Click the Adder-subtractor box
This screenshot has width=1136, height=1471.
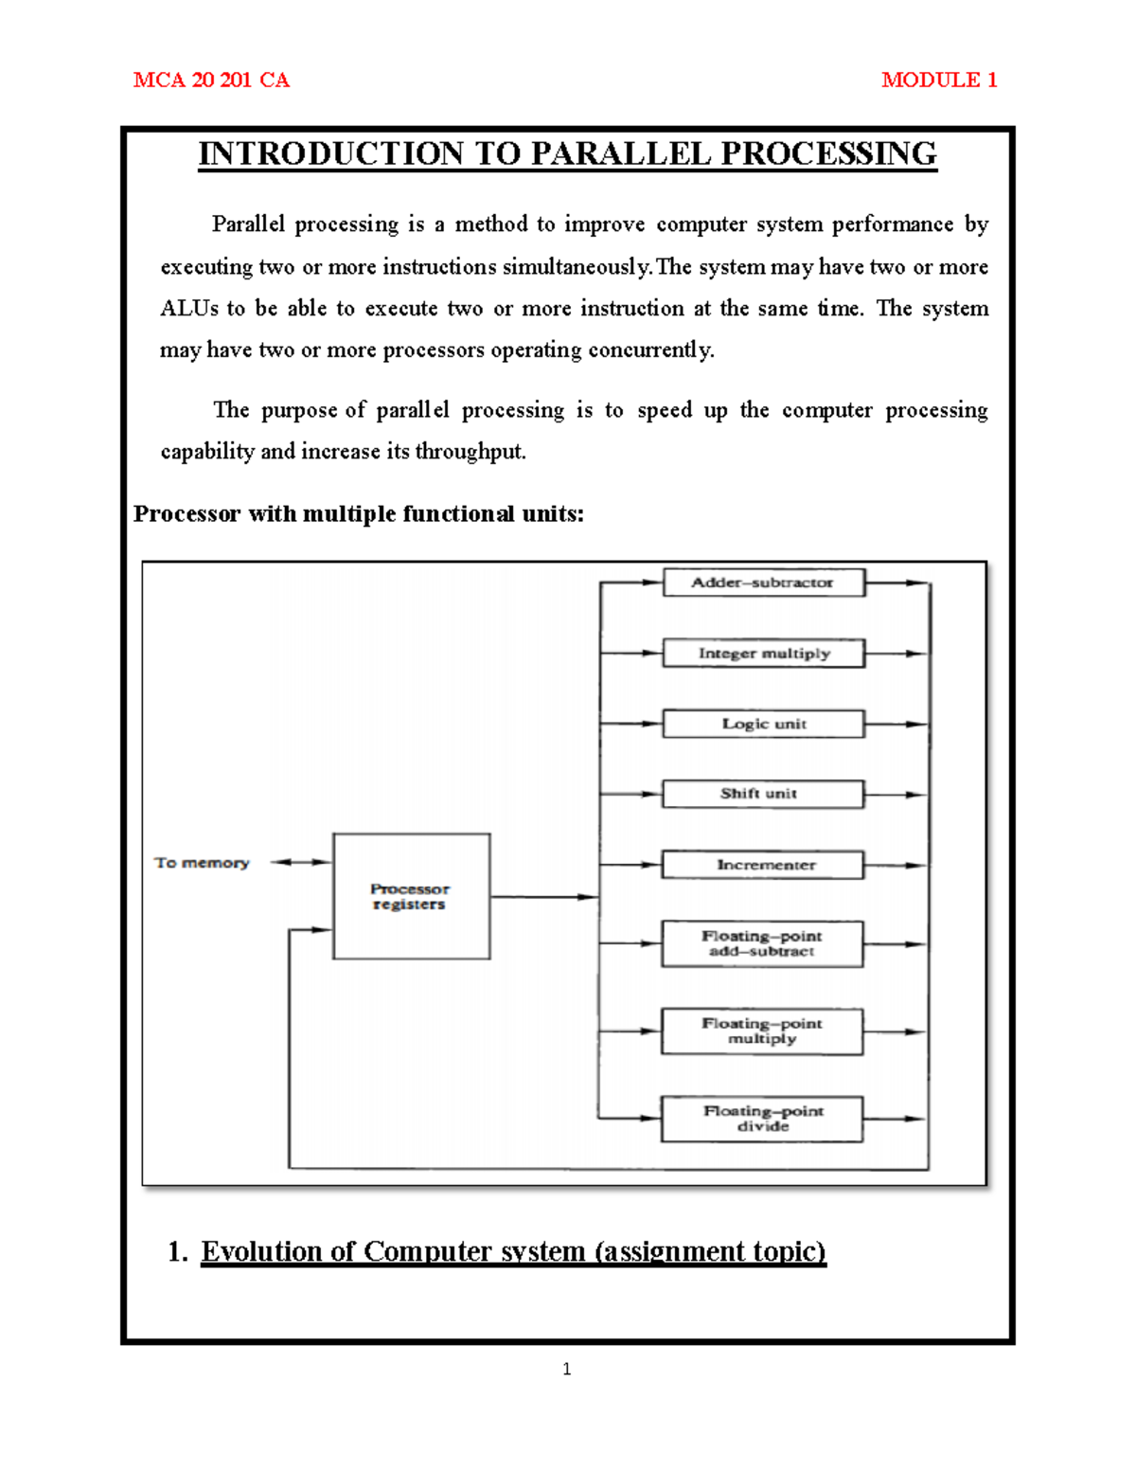(763, 583)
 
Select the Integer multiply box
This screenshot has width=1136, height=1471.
(763, 654)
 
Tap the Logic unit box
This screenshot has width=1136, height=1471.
(763, 724)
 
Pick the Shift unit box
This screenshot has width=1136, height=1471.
(762, 794)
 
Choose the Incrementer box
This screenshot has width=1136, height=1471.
(762, 865)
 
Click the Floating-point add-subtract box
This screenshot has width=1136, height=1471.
(762, 943)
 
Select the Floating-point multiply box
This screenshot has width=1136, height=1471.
(762, 1031)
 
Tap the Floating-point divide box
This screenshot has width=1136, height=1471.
(762, 1119)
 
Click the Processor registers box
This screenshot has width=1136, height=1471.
(411, 896)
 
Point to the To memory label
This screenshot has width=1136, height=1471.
(202, 863)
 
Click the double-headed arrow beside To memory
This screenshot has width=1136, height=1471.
(301, 862)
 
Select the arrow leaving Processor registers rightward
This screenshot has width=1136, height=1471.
(544, 897)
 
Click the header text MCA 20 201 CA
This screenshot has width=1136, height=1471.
(211, 81)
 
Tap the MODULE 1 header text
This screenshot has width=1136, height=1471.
(938, 81)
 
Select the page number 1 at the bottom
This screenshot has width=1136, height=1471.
(566, 1369)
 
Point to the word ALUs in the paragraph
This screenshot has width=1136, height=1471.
(189, 309)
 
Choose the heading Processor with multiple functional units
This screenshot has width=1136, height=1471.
(358, 514)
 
